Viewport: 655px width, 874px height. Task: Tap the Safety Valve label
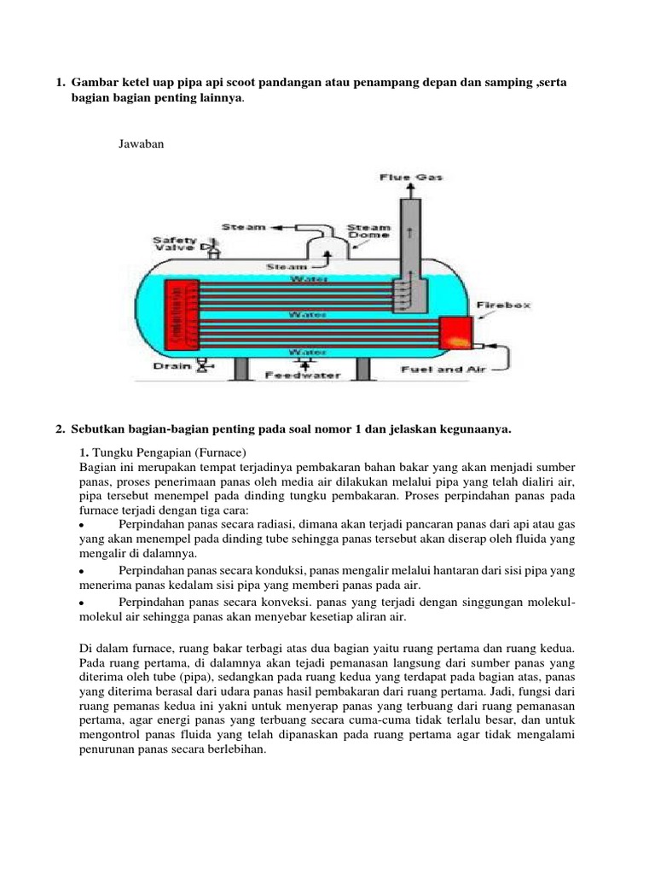[x=175, y=245]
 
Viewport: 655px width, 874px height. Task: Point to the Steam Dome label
[x=368, y=233]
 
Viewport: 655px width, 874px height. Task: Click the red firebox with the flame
[x=457, y=332]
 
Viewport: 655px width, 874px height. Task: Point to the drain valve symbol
[x=204, y=366]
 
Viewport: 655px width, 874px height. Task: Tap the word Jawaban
[x=140, y=144]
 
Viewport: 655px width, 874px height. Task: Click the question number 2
[x=60, y=429]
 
